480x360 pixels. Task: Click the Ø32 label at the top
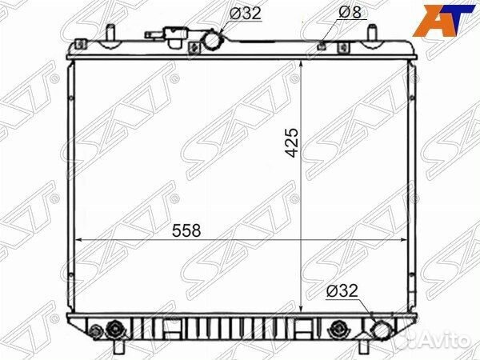point(246,13)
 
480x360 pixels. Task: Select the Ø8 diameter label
point(350,12)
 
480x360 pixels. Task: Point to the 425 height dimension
point(292,143)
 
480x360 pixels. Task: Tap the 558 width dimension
point(186,230)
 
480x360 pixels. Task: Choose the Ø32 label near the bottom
point(342,290)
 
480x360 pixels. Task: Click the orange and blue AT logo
point(442,20)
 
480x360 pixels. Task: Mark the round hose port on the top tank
point(214,41)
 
